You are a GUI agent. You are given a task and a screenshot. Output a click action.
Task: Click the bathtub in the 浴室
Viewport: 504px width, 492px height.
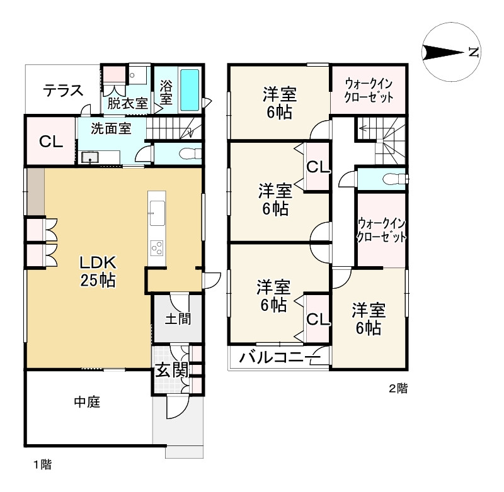click(190, 90)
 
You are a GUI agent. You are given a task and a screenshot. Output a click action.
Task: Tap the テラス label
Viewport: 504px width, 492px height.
click(64, 91)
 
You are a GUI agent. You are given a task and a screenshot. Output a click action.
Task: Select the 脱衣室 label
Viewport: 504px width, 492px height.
click(127, 103)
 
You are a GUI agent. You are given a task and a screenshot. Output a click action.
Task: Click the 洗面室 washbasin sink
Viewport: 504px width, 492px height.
click(90, 157)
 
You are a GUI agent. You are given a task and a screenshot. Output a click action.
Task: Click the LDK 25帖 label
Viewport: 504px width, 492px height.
click(98, 272)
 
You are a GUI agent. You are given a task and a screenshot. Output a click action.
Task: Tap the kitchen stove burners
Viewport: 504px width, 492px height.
click(157, 248)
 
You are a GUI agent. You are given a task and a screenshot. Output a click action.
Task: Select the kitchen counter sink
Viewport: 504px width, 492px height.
click(157, 213)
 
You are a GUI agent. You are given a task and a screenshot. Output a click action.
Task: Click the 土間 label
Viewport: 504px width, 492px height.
click(178, 319)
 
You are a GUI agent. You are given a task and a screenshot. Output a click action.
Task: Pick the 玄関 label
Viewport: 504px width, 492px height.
click(171, 371)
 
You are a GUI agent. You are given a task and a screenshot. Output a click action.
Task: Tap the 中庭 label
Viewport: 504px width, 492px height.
click(87, 401)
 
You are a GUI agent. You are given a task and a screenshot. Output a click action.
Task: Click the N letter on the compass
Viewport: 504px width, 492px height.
click(474, 52)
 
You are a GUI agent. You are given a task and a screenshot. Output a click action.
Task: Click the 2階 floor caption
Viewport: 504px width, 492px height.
click(398, 388)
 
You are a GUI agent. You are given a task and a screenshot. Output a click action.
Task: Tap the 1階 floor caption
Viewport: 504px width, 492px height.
click(43, 464)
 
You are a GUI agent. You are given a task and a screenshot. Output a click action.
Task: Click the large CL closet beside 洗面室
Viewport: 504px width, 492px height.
click(50, 141)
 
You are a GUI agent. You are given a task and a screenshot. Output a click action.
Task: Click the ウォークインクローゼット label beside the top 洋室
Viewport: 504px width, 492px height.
click(369, 90)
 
